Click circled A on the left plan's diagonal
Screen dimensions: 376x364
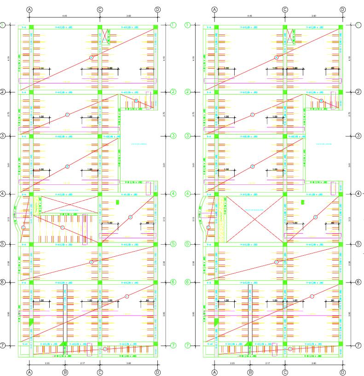pyautogui.click(x=91, y=57)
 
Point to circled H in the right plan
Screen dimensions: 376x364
pyautogui.click(x=276, y=262)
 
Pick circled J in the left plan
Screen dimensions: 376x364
pyautogui.click(x=105, y=349)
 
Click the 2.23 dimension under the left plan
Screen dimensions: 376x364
pyautogui.click(x=47, y=364)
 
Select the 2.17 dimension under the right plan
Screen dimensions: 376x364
pyautogui.click(x=267, y=364)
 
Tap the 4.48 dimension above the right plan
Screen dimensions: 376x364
pyautogui.click(x=249, y=16)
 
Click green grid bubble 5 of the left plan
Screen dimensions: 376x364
pyautogui.click(x=3, y=244)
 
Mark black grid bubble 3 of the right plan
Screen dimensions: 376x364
pyautogui.click(x=358, y=136)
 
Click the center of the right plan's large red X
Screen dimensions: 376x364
pyautogui.click(x=255, y=219)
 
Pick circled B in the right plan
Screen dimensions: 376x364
pyautogui.click(x=252, y=114)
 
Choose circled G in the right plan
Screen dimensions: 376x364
pyautogui.click(x=315, y=217)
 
